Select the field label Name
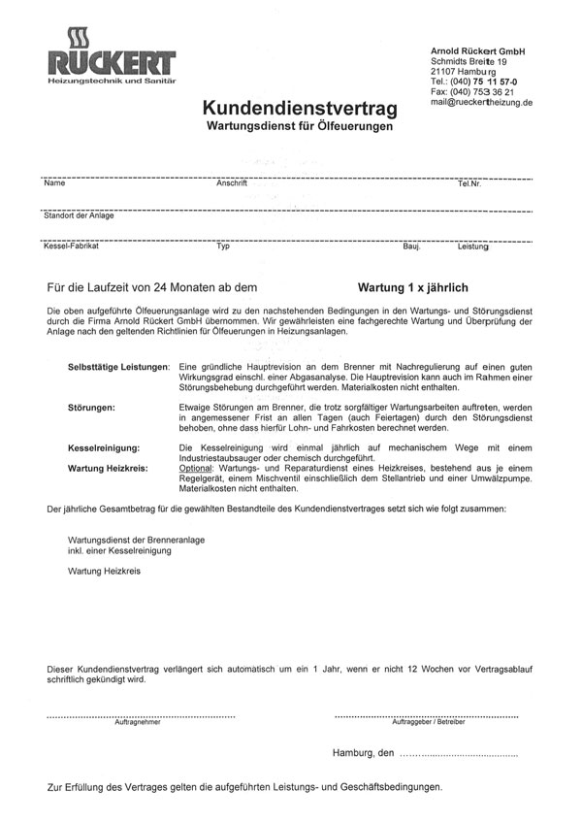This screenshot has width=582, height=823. click(54, 183)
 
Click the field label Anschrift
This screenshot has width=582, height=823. click(234, 183)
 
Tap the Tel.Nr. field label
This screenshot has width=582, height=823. click(470, 183)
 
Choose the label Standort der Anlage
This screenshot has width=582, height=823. click(79, 215)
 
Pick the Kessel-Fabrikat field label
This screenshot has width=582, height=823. click(72, 247)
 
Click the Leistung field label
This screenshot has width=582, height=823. click(473, 247)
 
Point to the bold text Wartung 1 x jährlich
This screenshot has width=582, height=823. click(414, 288)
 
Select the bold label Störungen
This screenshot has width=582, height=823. click(92, 407)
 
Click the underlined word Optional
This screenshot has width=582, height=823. click(201, 468)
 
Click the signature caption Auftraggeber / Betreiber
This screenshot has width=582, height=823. click(428, 723)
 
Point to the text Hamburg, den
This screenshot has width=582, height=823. click(363, 753)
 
